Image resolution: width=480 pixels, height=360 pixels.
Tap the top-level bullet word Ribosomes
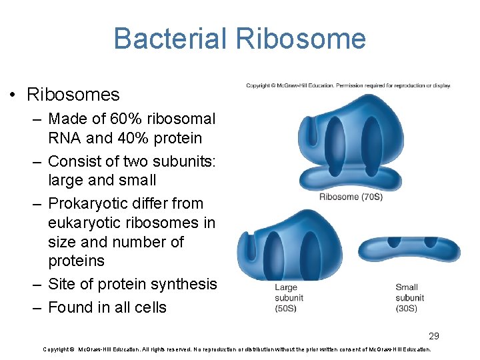73,95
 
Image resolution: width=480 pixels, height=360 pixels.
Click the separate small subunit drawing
409,248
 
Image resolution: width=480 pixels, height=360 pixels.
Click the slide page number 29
434,336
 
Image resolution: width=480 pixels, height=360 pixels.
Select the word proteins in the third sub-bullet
76,261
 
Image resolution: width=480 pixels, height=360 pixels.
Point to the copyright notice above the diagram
348,85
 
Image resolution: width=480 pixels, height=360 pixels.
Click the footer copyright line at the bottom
237,349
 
